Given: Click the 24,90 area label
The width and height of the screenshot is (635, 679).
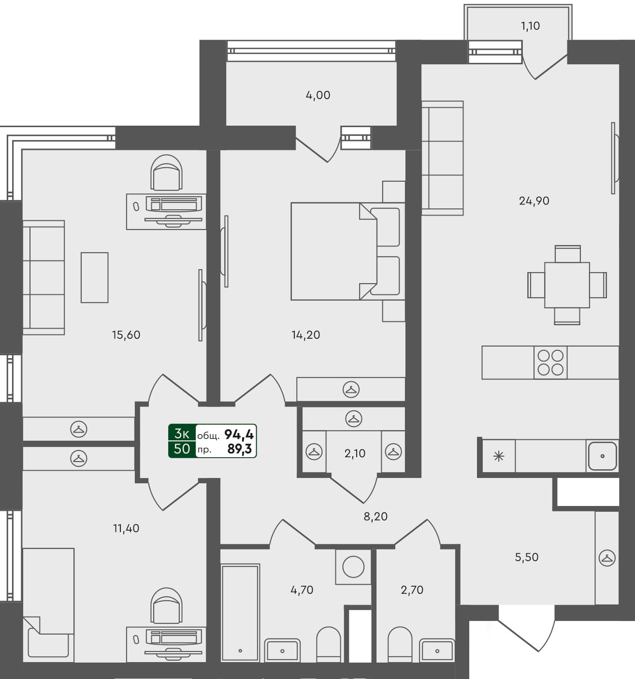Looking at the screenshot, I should point(534,201).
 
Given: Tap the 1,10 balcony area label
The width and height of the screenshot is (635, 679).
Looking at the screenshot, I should point(530,26).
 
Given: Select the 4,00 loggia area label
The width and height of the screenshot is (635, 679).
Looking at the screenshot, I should point(318,95).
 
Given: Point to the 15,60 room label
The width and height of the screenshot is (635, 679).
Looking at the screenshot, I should point(126,335).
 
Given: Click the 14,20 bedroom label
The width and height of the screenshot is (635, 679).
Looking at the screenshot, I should point(306,335).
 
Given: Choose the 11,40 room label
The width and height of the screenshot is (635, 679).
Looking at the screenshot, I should point(126,528).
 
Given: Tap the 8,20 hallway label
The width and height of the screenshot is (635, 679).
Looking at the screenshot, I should point(375,517).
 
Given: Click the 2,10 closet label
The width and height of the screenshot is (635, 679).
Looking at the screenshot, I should point(355,454).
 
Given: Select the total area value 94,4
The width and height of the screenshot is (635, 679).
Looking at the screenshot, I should point(239,434).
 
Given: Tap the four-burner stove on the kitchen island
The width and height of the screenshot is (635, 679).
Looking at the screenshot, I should point(550,362).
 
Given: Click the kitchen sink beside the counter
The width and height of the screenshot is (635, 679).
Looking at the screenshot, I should point(602,455).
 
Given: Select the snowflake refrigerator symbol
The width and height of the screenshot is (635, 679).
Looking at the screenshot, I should point(498,456).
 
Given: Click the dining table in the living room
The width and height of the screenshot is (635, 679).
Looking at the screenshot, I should point(567,285).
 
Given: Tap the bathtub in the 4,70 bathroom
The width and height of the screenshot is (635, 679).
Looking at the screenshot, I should point(240,613).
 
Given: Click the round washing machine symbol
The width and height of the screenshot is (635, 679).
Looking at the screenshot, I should point(353,567).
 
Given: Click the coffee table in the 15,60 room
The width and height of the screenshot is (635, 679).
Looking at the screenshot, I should point(94,277).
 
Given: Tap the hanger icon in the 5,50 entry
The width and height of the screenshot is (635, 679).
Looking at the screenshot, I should point(607,558).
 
